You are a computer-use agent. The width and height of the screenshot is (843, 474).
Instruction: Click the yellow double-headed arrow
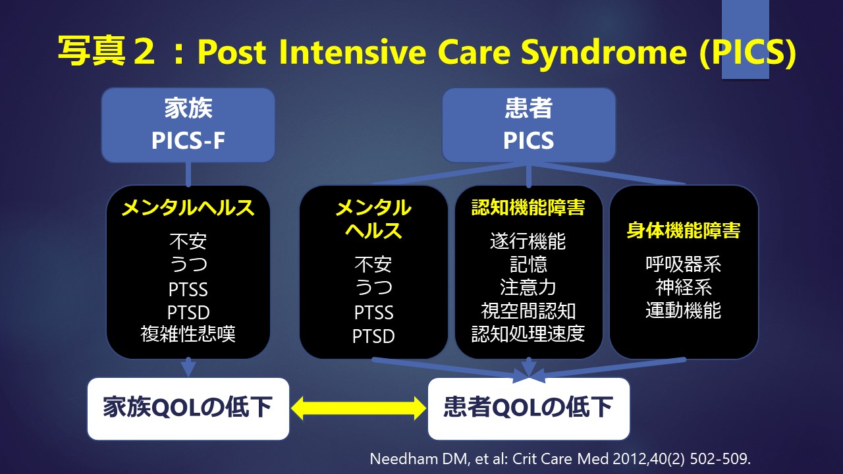point(358,409)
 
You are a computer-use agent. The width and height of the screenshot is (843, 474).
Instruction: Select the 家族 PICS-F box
point(188,125)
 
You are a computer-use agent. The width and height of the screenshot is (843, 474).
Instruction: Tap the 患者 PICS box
point(529,125)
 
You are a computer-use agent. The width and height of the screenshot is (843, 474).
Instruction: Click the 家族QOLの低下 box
point(188,409)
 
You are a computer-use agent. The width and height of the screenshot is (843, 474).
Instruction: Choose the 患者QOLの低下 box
point(529,409)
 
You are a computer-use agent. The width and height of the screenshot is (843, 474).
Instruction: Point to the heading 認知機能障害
point(528,207)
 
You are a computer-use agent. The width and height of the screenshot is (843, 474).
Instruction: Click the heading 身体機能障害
point(684,230)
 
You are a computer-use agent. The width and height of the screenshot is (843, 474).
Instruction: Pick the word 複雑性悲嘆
point(188,334)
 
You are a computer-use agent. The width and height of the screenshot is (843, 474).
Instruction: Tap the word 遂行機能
point(528,241)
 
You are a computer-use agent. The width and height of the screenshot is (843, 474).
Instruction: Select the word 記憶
point(528,264)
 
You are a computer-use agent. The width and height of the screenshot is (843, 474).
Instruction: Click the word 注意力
point(528,288)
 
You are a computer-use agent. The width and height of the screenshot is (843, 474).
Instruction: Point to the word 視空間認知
point(528,311)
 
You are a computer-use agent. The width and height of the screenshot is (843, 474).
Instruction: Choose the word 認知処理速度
point(528,334)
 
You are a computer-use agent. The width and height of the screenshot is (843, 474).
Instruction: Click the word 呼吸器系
point(684,264)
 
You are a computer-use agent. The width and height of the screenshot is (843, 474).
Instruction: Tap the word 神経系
point(684,288)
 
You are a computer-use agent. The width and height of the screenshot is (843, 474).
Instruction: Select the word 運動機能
point(684,311)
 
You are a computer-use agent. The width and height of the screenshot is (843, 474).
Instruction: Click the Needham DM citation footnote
point(560,459)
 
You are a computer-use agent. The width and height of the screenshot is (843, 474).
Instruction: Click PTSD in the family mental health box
point(188,313)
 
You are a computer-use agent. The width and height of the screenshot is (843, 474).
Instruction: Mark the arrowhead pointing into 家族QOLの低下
point(188,367)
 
